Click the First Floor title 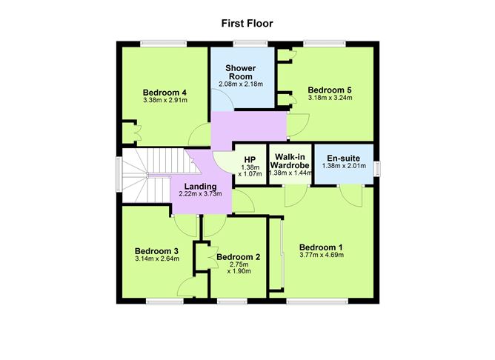coord(247,23)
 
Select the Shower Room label coord(240,72)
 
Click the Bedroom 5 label coord(330,90)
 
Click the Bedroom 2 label coord(239,257)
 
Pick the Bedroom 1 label coord(321,247)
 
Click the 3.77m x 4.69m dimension coord(321,255)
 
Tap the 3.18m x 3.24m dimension coord(330,98)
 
